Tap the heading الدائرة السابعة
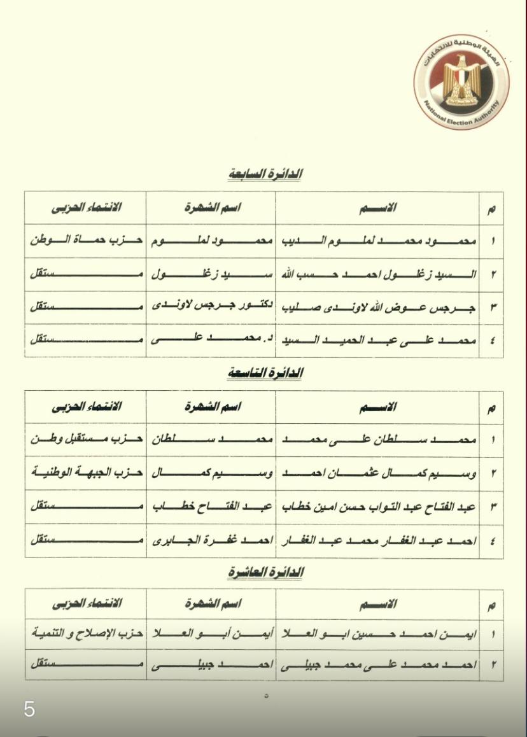click(264, 174)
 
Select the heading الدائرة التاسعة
click(264, 373)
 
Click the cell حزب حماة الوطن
click(85, 242)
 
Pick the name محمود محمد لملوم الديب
click(377, 242)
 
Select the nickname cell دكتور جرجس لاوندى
click(212, 306)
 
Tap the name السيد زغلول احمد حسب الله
click(377, 275)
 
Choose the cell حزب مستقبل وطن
click(85, 440)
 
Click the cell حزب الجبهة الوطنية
click(85, 474)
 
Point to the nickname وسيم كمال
click(212, 474)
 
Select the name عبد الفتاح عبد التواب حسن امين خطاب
click(377, 507)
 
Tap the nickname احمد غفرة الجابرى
click(212, 541)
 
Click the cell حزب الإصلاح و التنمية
click(85, 634)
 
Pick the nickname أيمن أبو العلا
click(212, 634)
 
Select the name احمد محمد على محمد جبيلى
click(377, 665)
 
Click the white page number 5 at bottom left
click(29, 709)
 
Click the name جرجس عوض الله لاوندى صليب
click(377, 307)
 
